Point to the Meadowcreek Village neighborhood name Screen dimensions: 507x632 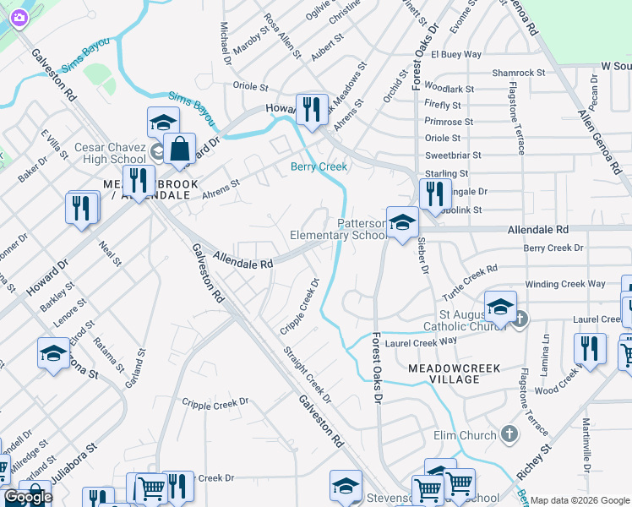point(455,373)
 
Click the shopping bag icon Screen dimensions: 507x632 point(180,150)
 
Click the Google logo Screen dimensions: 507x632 point(28,497)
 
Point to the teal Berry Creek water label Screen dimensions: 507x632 point(319,166)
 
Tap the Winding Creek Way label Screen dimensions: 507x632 point(564,284)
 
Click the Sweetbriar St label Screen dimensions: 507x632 point(453,155)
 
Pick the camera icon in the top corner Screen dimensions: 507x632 point(17,17)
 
